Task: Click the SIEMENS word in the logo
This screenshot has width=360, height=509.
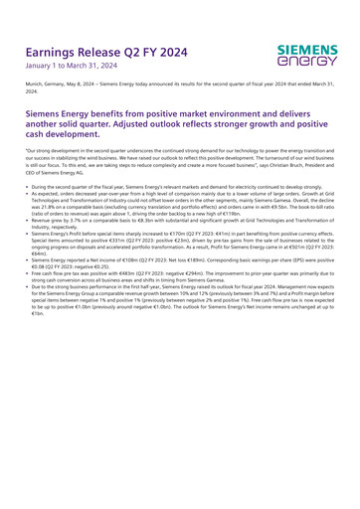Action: [307, 48]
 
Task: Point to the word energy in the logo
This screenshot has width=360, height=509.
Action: [307, 61]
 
